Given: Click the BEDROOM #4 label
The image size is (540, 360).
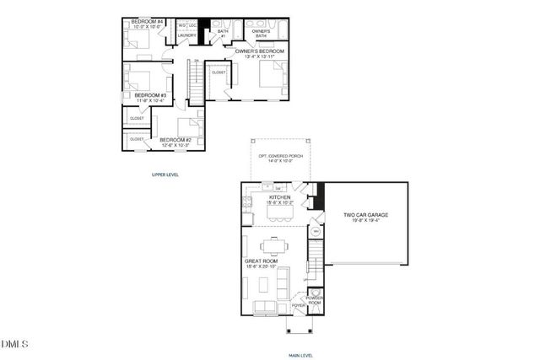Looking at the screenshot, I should (x=148, y=19).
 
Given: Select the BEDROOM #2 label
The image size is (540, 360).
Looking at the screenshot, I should (x=176, y=139).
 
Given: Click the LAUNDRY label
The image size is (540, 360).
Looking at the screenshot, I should (x=186, y=35).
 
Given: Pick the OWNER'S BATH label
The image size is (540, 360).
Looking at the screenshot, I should (x=256, y=33).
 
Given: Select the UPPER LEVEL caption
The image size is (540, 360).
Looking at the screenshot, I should (x=165, y=175).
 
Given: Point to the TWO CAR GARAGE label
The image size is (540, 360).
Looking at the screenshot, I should (x=365, y=215).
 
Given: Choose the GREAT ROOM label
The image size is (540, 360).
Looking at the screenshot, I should (x=257, y=262).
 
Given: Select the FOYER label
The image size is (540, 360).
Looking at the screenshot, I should (x=299, y=305).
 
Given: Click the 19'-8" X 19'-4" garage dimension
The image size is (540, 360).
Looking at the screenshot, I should (x=365, y=221).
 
